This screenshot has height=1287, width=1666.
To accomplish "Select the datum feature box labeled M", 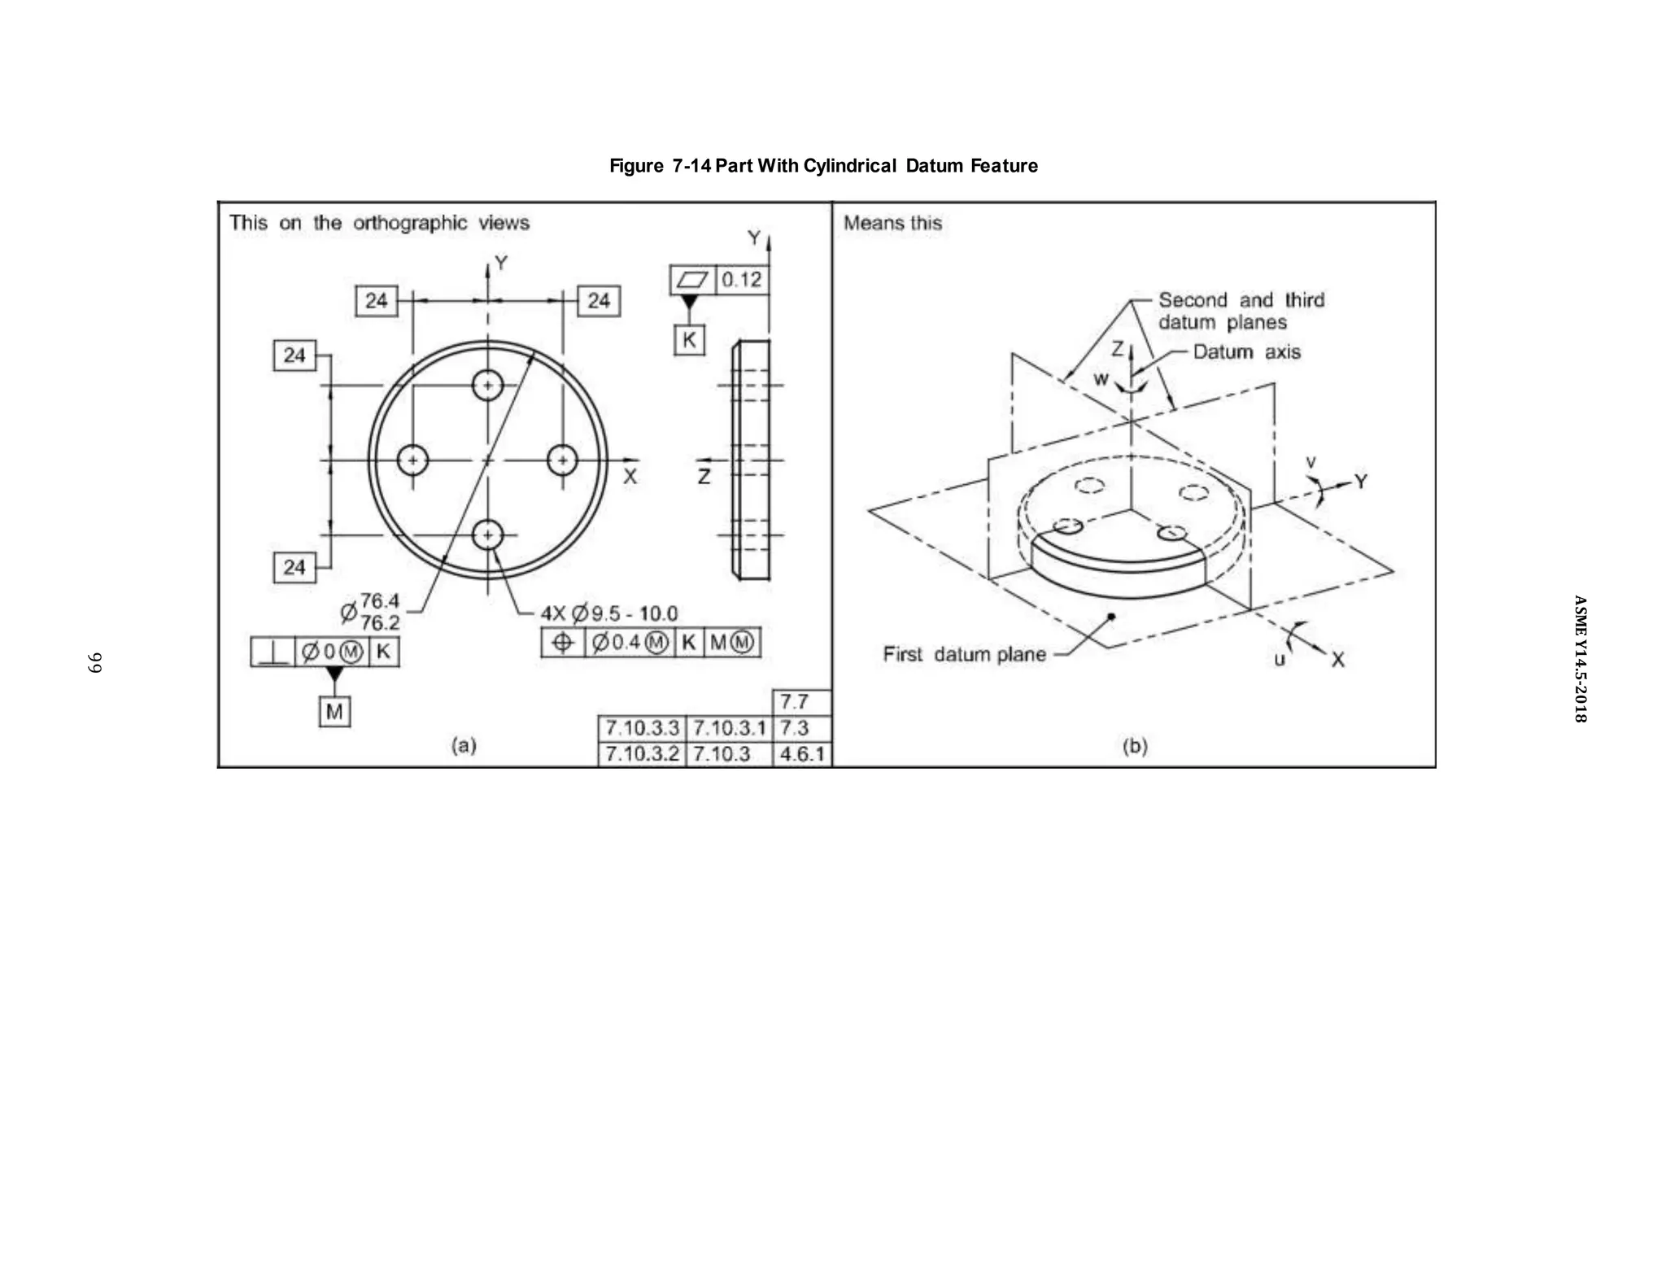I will [334, 712].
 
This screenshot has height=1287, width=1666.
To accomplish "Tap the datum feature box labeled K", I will [689, 340].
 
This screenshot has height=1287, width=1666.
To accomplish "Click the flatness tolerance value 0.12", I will [742, 280].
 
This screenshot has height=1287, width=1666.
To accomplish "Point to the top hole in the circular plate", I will [487, 385].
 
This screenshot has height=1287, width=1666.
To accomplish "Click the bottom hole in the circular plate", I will [487, 534].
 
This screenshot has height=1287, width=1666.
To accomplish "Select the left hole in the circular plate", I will [412, 460].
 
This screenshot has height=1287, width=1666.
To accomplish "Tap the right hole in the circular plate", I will [562, 460].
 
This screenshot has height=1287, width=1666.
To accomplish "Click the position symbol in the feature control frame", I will [563, 643].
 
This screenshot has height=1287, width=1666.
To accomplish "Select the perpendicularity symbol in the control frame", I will [273, 652].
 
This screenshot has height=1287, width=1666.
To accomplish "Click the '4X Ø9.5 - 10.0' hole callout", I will [608, 613].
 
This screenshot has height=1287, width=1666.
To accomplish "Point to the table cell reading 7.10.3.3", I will [642, 727].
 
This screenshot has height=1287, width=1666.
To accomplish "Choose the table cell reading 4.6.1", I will [801, 754].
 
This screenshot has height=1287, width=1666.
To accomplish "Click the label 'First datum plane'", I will [964, 654].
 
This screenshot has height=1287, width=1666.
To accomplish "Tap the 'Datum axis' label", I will [1246, 352].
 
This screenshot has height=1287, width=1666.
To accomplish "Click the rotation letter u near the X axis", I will [1280, 659].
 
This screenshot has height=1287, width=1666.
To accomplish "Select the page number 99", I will [94, 662].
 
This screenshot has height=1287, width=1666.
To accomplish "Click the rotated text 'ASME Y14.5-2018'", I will [1579, 659].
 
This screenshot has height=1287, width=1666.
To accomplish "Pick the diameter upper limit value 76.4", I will [380, 601].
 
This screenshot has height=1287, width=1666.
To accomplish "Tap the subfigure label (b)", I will [1134, 746].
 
